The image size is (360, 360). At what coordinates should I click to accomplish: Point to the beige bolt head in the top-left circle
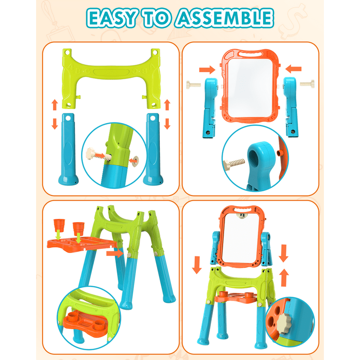pyautogui.click(x=90, y=153)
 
